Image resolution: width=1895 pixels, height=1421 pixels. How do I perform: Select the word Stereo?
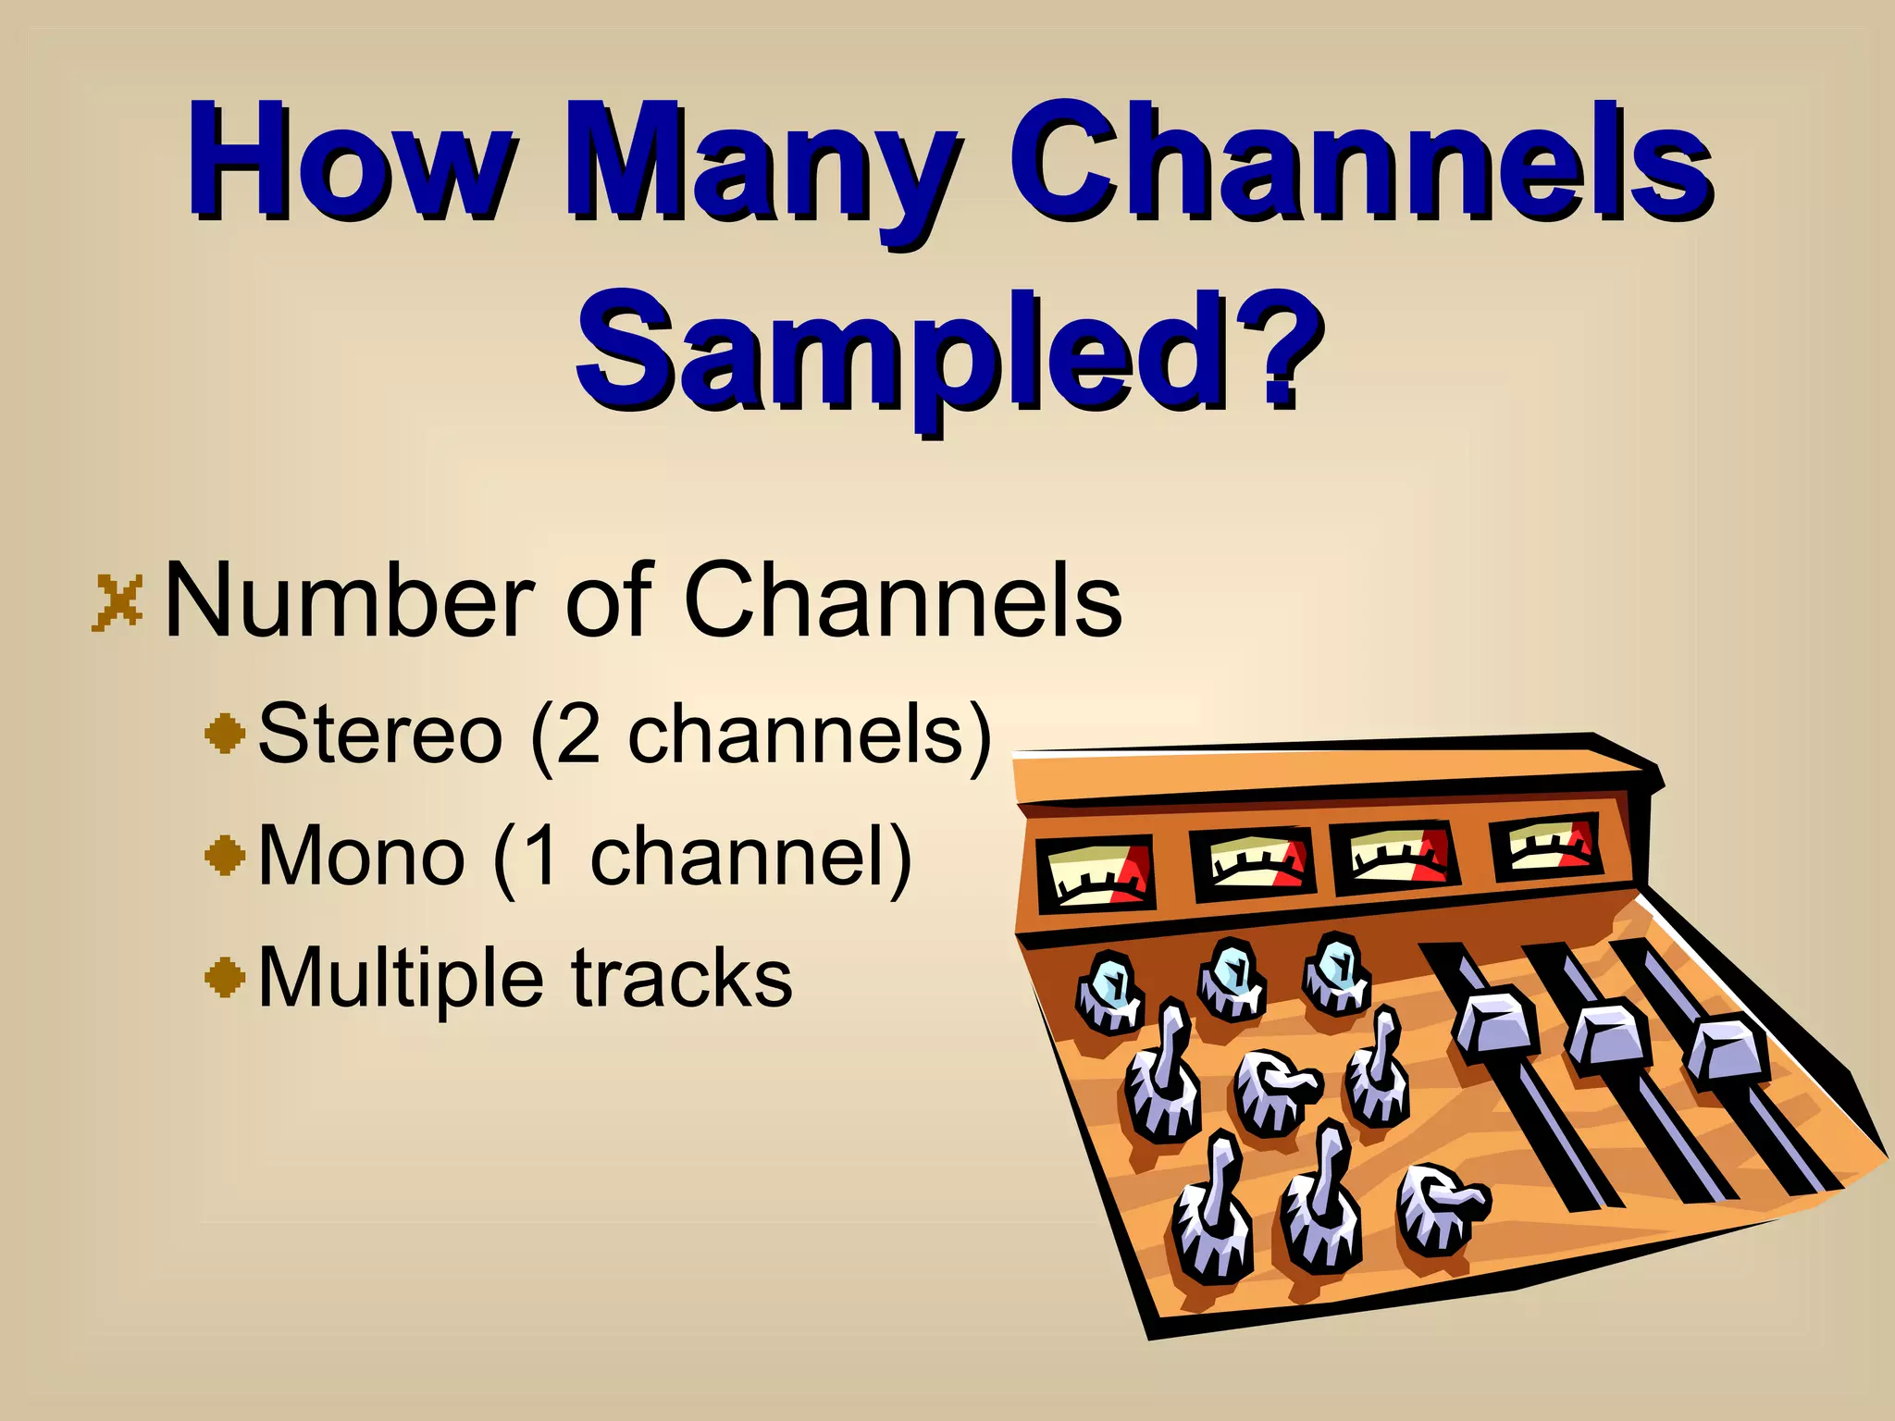[x=379, y=734]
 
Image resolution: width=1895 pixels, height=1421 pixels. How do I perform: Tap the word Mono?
[x=361, y=856]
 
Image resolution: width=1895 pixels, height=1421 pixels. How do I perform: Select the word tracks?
[x=682, y=979]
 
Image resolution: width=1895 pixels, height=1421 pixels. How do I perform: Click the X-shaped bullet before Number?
[x=118, y=603]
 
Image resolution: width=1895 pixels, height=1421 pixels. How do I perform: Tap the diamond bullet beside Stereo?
[x=225, y=735]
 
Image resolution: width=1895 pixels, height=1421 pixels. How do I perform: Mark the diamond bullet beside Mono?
[x=225, y=856]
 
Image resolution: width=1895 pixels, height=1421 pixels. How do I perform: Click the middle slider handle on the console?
[x=1608, y=1039]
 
